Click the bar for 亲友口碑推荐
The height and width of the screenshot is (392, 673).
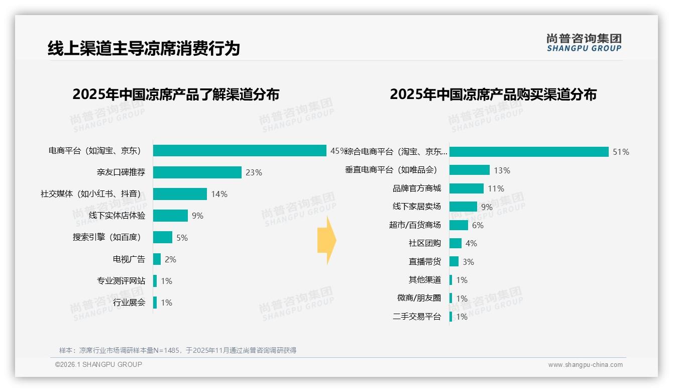point(197,172)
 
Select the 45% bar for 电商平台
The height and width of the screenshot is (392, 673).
point(240,151)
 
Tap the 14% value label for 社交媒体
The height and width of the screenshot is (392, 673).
point(219,194)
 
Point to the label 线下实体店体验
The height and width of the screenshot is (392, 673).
point(117,216)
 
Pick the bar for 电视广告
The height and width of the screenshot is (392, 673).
point(157,259)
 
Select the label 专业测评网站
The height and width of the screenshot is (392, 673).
point(121,281)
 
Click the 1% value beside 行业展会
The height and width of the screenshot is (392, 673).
point(166,303)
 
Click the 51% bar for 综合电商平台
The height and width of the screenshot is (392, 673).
point(529,152)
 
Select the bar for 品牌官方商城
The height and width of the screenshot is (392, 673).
point(466,188)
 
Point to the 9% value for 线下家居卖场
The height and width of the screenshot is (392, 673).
point(487,207)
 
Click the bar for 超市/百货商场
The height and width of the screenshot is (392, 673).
point(459,225)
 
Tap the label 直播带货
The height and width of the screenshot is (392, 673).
point(424,262)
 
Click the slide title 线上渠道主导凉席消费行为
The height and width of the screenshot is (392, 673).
point(144,49)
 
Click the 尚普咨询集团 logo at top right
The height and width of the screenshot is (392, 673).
point(584,43)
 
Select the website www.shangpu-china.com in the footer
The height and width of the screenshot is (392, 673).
point(585,365)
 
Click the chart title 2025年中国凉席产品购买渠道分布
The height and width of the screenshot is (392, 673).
point(493,94)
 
